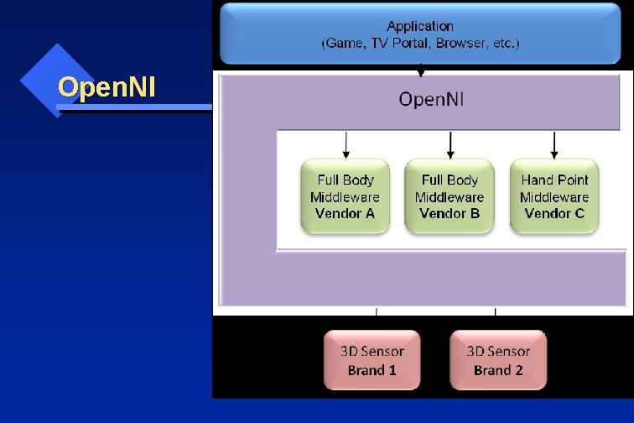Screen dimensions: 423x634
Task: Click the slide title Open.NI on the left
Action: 107,86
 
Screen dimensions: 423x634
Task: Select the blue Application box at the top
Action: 421,34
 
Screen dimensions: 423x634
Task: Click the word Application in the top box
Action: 420,26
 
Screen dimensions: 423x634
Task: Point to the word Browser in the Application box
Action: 463,43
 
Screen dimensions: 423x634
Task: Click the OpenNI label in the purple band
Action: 432,99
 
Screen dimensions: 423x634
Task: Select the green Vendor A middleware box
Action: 345,196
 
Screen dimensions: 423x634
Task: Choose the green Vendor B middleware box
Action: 450,196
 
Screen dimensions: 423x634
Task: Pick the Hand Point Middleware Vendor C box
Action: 554,196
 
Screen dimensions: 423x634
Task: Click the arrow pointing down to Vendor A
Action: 346,144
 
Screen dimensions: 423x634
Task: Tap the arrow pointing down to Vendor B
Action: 450,144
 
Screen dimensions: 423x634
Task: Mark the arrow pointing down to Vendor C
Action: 554,144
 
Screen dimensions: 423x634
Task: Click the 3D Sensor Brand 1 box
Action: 372,360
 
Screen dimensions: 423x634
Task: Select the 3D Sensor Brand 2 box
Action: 498,360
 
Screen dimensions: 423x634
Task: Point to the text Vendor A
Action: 345,213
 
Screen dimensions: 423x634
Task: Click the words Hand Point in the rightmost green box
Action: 554,180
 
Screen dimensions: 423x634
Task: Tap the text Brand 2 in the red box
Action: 498,369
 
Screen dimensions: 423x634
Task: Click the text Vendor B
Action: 450,213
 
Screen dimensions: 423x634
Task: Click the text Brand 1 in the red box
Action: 372,369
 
